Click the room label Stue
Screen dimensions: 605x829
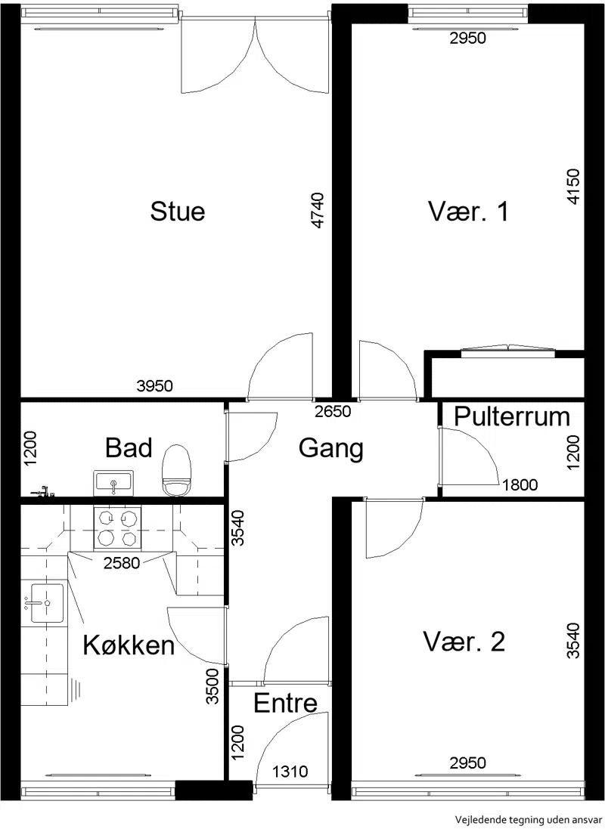click(177, 211)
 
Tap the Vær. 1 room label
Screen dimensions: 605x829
click(468, 211)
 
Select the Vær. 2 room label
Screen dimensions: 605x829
click(464, 642)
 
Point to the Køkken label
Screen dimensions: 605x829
click(129, 645)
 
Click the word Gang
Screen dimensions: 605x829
click(330, 448)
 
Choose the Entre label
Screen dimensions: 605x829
click(285, 703)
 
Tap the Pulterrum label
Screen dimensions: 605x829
click(512, 416)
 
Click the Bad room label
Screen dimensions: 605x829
click(129, 447)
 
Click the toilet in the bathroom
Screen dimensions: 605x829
click(176, 470)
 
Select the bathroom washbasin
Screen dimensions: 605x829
click(113, 483)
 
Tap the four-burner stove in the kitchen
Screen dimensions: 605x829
click(117, 527)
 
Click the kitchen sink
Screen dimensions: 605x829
click(46, 603)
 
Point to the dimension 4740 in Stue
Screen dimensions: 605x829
click(317, 210)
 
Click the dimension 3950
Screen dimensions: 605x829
click(154, 386)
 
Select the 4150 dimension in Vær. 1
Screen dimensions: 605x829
click(572, 186)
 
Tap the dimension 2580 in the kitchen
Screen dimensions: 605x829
click(122, 563)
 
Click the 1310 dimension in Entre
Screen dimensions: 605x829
click(290, 772)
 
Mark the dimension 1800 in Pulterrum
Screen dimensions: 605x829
click(520, 484)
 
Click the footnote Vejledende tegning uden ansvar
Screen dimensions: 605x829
click(529, 819)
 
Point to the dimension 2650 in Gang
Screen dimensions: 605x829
click(333, 411)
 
